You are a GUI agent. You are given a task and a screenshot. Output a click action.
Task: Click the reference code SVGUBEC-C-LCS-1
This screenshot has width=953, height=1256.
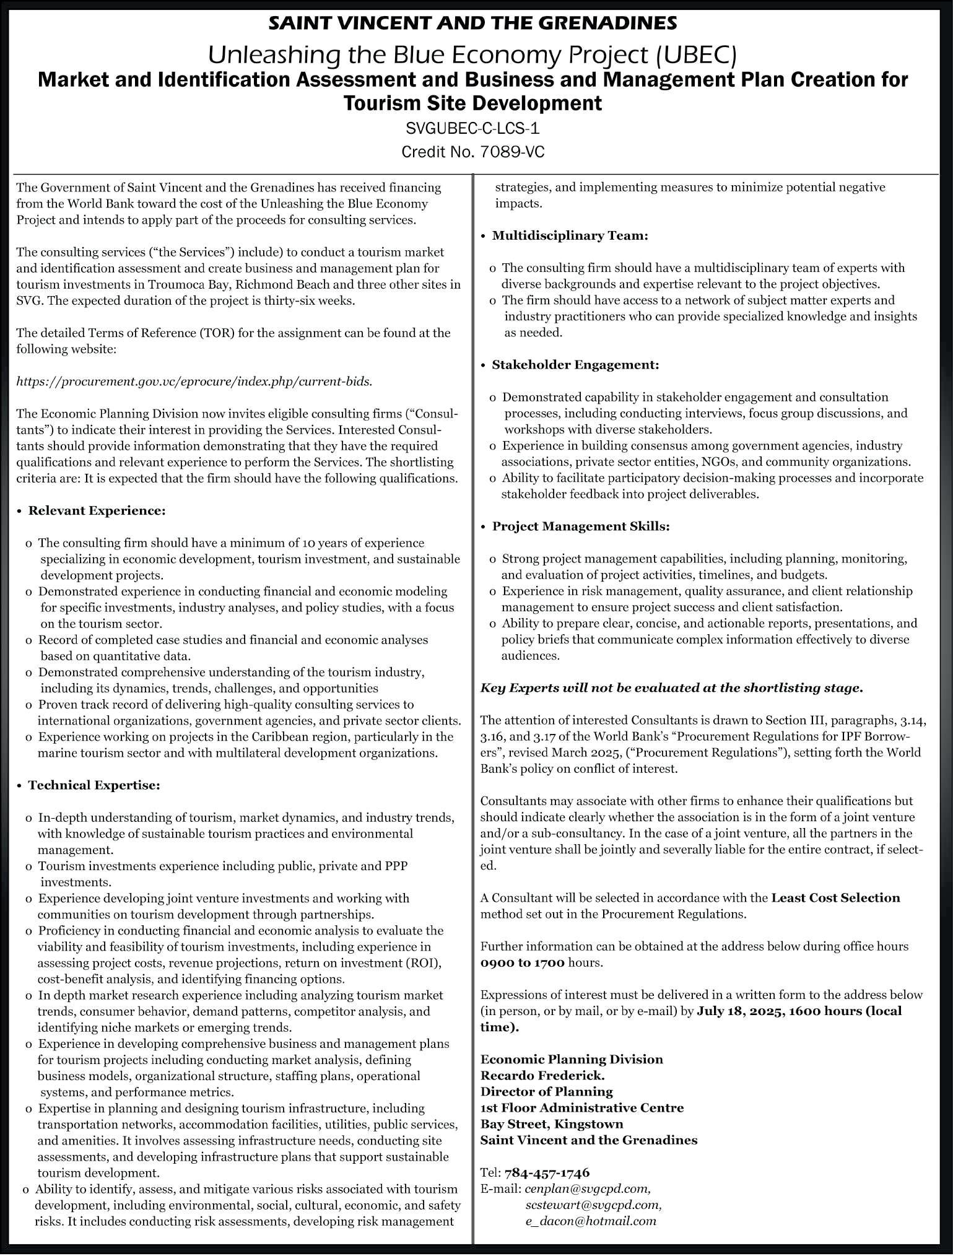(472, 129)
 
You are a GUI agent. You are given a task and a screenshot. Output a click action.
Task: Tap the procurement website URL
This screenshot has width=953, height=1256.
(194, 382)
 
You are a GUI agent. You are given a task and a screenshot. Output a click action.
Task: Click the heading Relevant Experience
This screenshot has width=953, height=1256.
(97, 511)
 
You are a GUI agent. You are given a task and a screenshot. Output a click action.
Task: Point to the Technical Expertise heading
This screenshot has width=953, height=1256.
(94, 785)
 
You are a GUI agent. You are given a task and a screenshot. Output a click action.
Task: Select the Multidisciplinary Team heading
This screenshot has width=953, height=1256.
(570, 236)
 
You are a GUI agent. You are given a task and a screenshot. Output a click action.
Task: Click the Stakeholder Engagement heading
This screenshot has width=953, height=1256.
(575, 365)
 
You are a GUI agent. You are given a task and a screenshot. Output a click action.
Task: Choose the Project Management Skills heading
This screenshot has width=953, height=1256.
(581, 526)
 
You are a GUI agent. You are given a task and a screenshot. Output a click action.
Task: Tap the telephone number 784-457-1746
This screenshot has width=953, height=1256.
(547, 1172)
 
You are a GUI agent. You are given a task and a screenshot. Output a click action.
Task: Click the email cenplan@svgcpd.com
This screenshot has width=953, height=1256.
(588, 1188)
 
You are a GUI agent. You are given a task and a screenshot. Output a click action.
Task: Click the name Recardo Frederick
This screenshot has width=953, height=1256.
(542, 1075)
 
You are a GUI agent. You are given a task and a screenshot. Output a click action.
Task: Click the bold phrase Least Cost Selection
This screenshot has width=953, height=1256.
(835, 898)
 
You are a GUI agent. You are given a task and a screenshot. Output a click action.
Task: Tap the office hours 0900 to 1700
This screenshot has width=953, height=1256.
(522, 962)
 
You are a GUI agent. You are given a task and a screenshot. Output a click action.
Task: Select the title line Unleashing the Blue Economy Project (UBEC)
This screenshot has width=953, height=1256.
(472, 55)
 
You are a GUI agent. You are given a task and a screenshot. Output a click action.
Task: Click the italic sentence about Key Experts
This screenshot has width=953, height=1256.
(672, 688)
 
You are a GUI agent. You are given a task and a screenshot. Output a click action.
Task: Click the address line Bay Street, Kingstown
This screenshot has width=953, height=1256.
(552, 1123)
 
